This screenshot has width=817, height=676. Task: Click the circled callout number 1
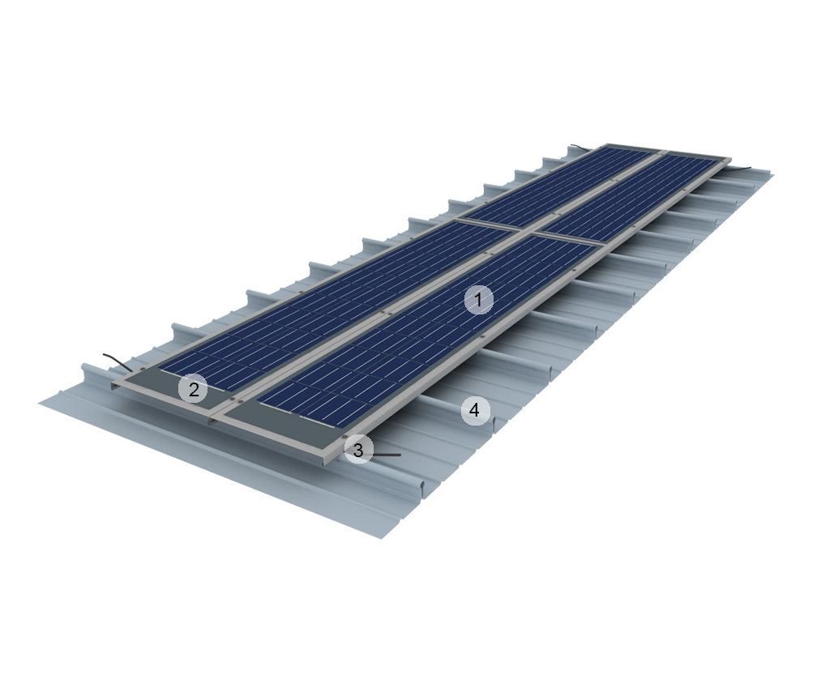coord(478,301)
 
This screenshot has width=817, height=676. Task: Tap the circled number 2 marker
coord(193,390)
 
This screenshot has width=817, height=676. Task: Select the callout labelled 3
coord(358,449)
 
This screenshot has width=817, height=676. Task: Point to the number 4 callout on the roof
coord(475,411)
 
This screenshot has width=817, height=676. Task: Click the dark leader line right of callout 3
coord(387,455)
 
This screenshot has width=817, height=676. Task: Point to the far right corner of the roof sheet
coord(773,175)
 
